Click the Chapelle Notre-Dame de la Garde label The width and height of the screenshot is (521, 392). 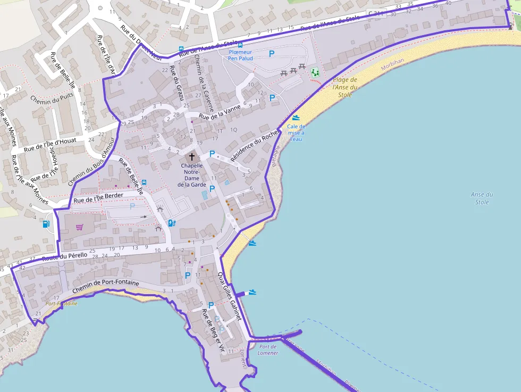[x=191, y=175]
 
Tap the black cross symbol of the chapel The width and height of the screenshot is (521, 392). [x=191, y=157]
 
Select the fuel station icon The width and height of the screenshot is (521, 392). [x=46, y=224]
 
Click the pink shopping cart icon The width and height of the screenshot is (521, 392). [x=79, y=227]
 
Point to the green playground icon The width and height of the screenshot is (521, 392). [x=315, y=72]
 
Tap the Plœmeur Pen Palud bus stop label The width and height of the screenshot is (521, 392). [x=240, y=55]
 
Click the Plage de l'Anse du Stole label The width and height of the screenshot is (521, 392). [x=345, y=87]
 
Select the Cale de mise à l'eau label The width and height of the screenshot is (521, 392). [x=296, y=132]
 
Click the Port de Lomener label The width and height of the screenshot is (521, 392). [x=268, y=350]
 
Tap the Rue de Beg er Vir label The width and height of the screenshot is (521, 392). [x=212, y=332]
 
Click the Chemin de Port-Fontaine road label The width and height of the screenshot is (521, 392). [x=106, y=286]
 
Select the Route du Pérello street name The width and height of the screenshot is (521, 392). [x=64, y=257]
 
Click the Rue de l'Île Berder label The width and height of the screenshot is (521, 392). [x=98, y=198]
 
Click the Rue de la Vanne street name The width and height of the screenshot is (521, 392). [x=220, y=111]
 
